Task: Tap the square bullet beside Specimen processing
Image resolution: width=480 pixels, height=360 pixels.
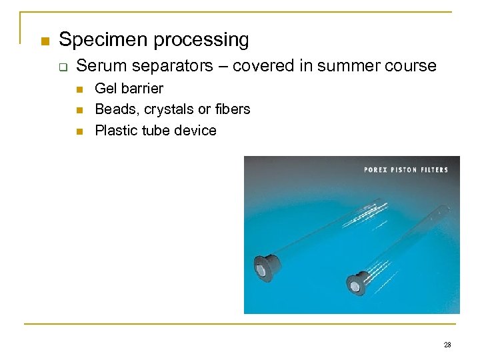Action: (45, 41)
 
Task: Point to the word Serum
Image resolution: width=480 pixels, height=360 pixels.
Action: (97, 66)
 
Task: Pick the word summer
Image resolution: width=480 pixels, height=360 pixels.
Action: (352, 66)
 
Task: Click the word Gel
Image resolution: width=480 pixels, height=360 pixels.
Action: (107, 89)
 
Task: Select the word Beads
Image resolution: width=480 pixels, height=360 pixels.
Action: (114, 109)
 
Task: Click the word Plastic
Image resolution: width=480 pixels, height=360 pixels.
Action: (116, 130)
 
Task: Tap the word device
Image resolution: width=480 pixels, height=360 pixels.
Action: (195, 130)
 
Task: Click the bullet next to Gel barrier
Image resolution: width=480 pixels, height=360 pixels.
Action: (79, 89)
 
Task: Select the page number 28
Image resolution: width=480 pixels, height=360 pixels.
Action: (447, 345)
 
